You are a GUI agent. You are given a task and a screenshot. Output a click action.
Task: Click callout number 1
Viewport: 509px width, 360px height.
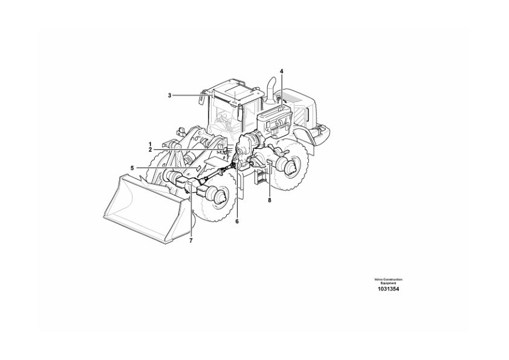coord(151,143)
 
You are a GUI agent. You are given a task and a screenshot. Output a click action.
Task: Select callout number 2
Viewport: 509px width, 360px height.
coord(151,149)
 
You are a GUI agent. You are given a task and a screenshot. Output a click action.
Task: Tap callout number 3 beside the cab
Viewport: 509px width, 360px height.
coord(169,95)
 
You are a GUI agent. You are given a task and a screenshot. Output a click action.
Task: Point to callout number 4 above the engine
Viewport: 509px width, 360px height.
coord(282,71)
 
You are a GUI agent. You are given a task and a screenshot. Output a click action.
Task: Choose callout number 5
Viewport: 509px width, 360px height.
coord(132,168)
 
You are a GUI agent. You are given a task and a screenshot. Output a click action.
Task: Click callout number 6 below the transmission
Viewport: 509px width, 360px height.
coord(236,221)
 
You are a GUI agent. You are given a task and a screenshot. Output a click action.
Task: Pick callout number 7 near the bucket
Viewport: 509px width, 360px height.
coord(191,241)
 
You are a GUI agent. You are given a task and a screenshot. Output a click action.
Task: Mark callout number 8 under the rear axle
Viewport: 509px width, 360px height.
coord(270,200)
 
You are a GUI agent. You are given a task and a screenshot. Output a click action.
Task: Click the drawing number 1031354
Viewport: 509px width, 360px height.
coord(388,289)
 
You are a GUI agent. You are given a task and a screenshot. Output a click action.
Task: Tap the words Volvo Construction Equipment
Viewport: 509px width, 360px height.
coord(388,281)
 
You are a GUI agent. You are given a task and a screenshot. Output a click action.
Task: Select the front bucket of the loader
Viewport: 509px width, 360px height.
coord(146,208)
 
